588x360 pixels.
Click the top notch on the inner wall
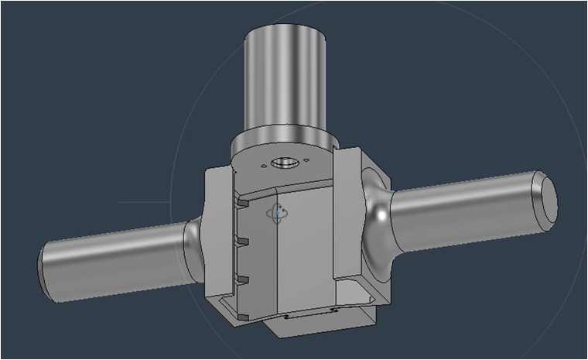pos(241,204)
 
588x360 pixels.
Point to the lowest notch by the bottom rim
pos(242,317)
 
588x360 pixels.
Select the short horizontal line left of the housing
pos(143,203)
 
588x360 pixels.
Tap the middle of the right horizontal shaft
pos(464,213)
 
